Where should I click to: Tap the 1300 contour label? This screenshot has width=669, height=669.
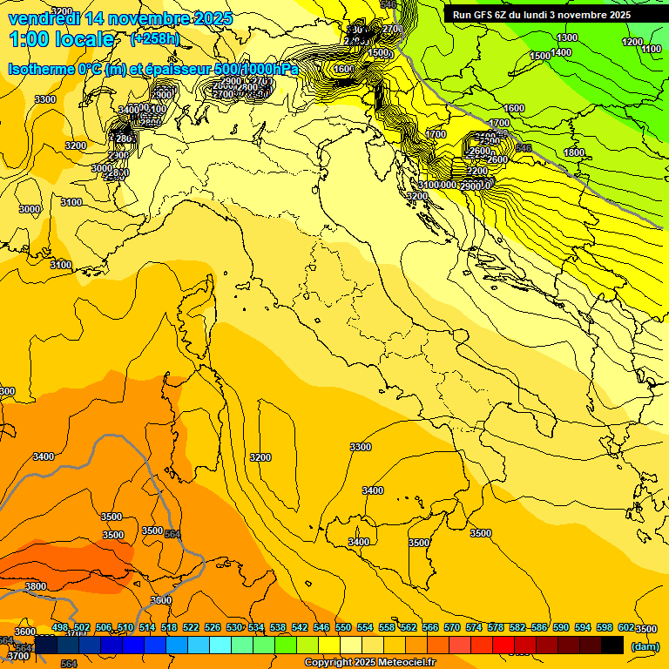(x=567, y=37)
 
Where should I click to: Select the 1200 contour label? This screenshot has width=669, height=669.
(x=632, y=42)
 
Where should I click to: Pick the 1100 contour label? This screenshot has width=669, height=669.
(x=651, y=50)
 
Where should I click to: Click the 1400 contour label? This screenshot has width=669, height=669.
(x=561, y=52)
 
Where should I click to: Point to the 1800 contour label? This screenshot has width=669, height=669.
(x=574, y=152)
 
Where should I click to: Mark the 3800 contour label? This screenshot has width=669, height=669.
(x=35, y=587)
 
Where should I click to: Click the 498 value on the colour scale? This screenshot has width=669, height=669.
(x=60, y=627)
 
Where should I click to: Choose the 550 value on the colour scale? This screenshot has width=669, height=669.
(x=343, y=627)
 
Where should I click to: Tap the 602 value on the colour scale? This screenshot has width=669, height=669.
(x=626, y=627)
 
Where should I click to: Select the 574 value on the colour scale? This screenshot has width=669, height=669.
(x=474, y=627)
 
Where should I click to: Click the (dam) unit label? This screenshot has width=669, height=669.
(x=645, y=646)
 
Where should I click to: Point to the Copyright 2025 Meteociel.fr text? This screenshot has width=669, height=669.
(x=369, y=663)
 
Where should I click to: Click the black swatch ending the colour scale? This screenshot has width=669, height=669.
(x=612, y=645)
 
